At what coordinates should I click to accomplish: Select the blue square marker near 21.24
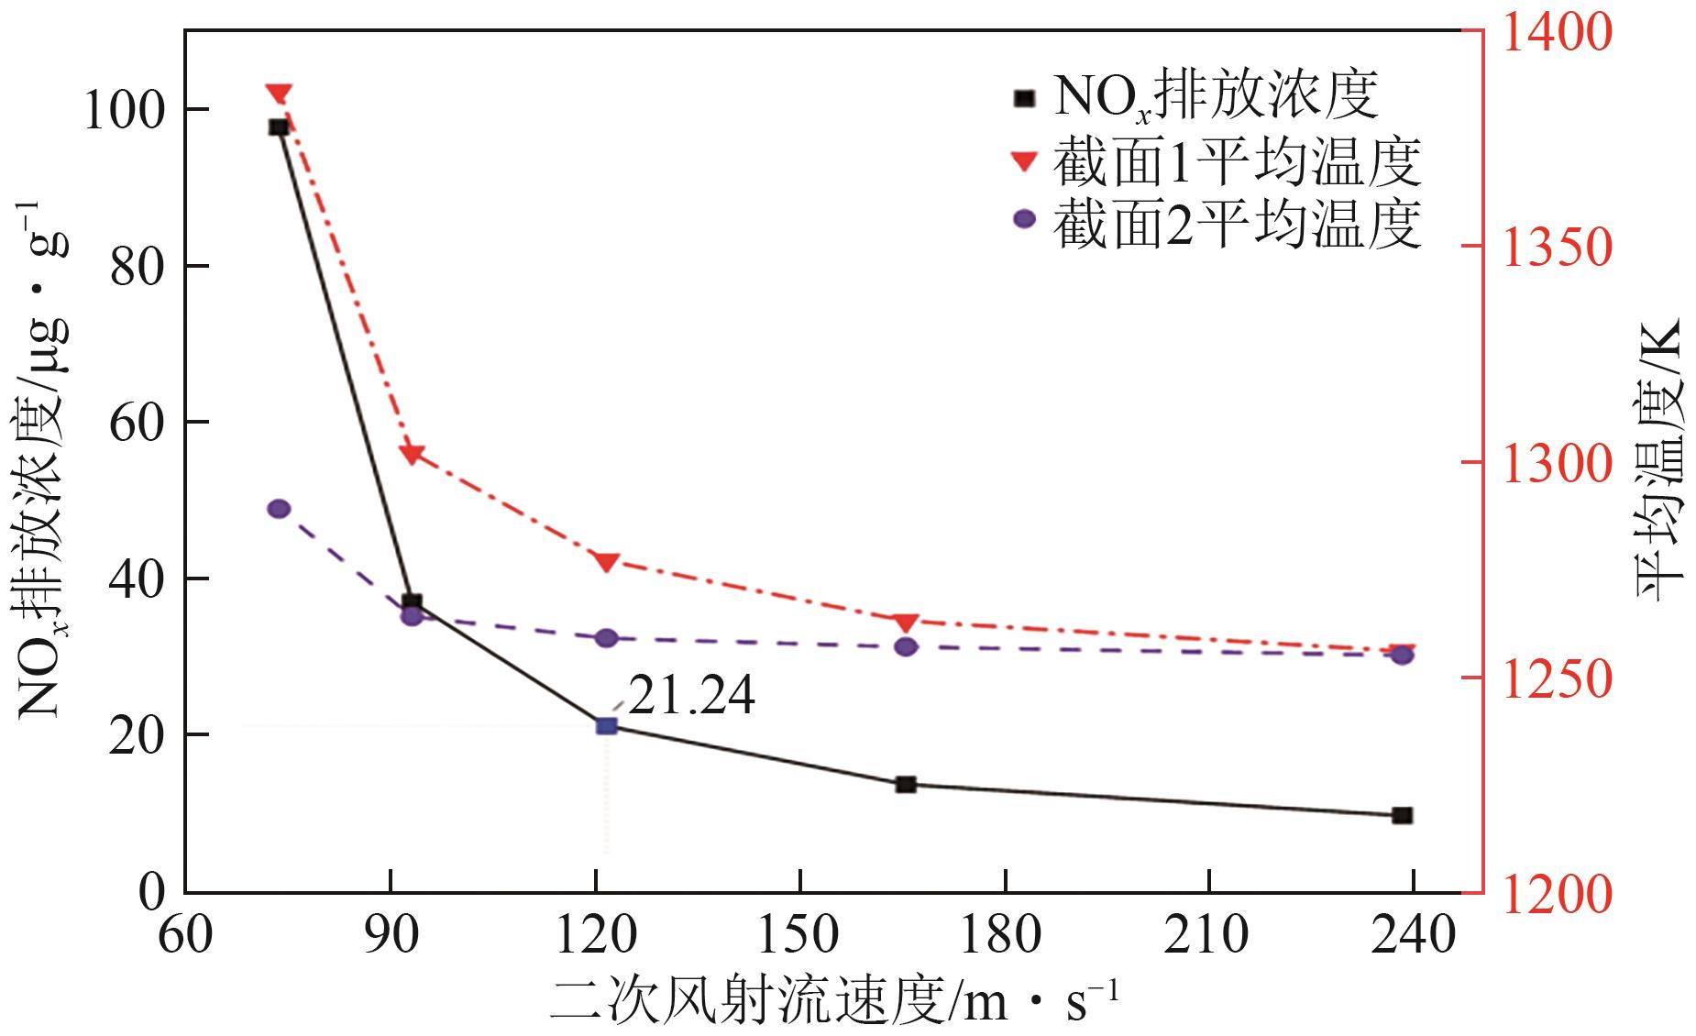[607, 726]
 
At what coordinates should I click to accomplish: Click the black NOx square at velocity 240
[1402, 815]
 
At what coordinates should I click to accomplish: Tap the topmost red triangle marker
[279, 94]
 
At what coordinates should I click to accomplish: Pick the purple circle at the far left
[279, 509]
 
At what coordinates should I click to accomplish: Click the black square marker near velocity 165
[906, 784]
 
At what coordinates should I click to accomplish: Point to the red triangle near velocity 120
[607, 562]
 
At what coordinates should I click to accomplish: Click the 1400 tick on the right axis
[1554, 32]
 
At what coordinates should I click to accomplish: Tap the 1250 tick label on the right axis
[1554, 678]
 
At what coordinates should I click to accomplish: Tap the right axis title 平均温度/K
[1659, 458]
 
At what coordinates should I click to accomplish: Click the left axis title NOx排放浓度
[41, 458]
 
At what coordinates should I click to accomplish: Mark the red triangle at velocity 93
[412, 454]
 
